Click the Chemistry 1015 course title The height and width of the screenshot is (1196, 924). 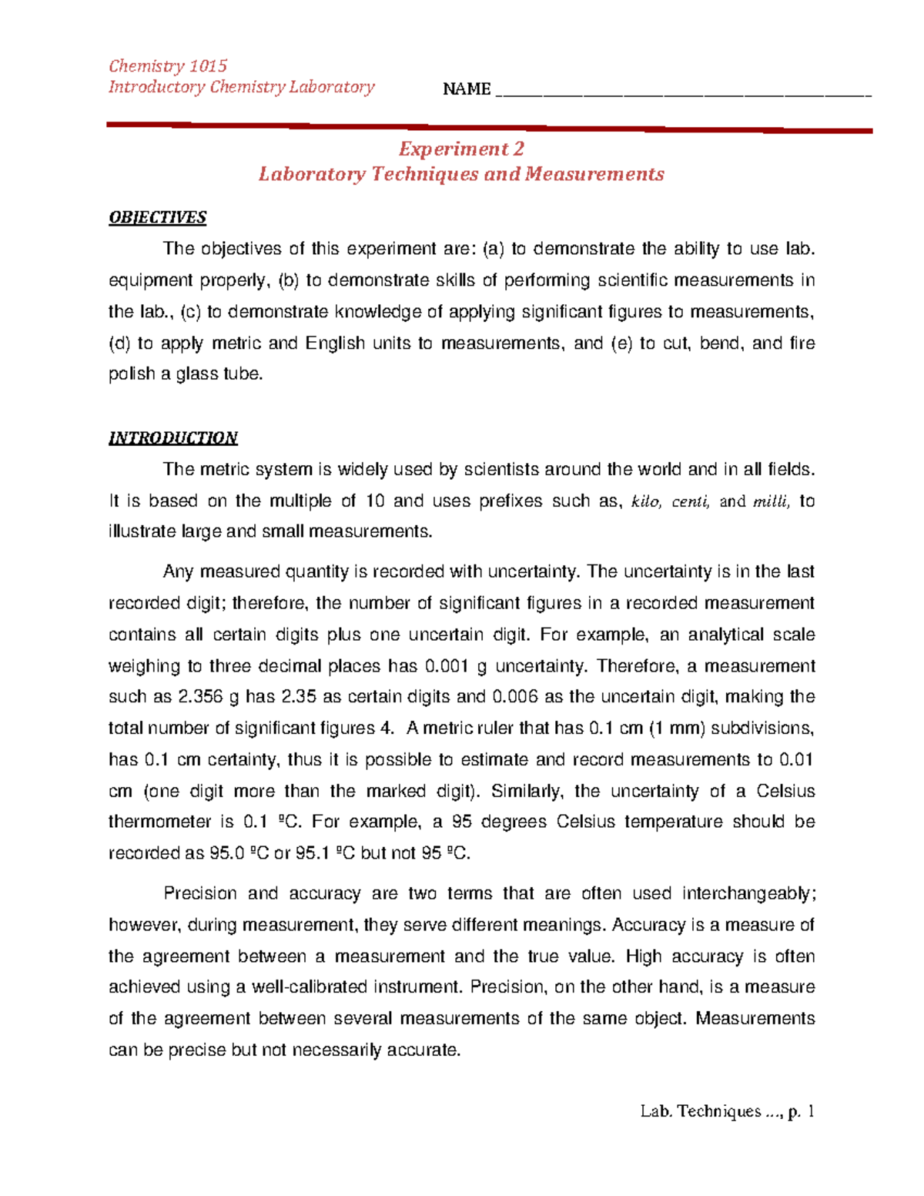point(168,65)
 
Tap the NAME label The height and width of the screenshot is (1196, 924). point(467,89)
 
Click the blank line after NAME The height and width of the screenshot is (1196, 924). point(684,94)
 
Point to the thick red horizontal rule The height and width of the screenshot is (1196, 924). point(489,127)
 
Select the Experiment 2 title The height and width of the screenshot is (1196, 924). point(460,149)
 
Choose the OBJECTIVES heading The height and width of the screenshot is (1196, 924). point(158,217)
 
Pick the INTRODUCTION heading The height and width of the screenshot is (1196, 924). point(173,438)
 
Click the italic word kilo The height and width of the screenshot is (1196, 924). point(646,502)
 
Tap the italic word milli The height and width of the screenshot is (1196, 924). point(771,502)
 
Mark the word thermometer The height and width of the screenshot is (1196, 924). point(159,822)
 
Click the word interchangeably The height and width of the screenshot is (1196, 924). point(748,893)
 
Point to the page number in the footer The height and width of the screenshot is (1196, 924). point(809,1111)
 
